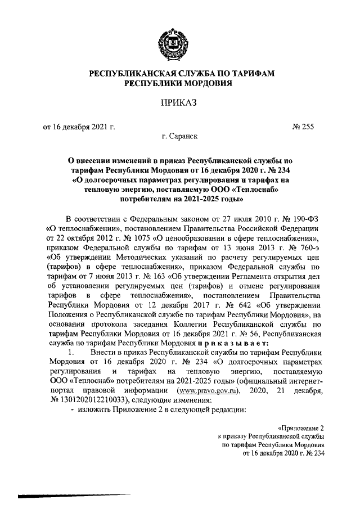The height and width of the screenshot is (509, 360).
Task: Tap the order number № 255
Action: point(302,127)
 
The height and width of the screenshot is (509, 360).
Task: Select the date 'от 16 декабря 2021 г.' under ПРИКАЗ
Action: point(78,127)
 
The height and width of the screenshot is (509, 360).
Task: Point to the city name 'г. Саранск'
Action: point(179,137)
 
